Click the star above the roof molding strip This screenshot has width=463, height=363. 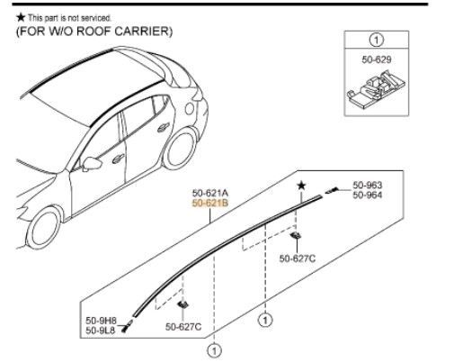click(x=303, y=186)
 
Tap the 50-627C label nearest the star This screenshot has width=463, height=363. click(x=298, y=259)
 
